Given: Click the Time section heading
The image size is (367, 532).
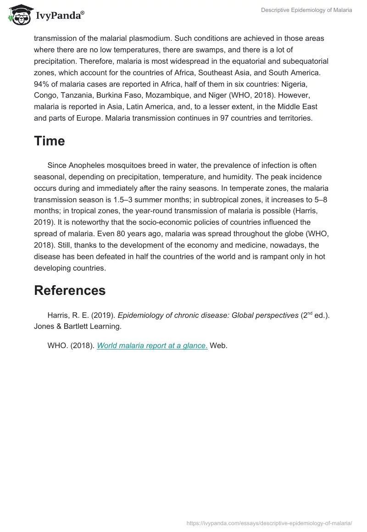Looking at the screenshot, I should click(x=49, y=141).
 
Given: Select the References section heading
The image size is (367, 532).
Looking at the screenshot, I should click(x=70, y=290).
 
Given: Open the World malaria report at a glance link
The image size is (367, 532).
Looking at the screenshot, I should click(x=152, y=345).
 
